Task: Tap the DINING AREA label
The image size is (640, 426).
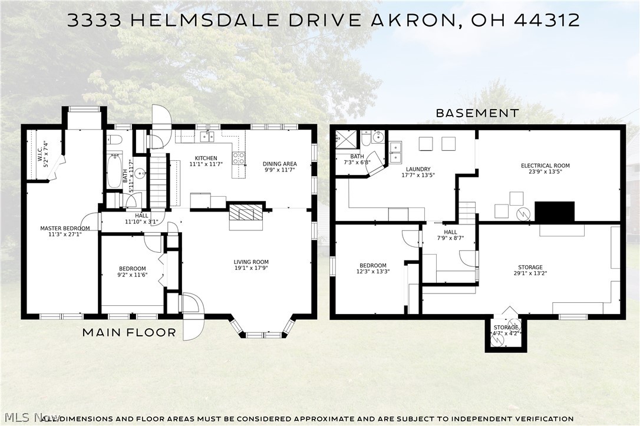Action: pos(280,164)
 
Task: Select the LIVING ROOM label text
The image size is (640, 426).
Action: pos(251,262)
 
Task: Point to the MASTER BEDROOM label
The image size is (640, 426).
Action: pos(65,229)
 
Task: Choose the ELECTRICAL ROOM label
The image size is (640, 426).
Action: pos(545,166)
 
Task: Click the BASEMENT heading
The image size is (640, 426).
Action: pos(477,113)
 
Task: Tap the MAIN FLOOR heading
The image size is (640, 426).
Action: pos(129,332)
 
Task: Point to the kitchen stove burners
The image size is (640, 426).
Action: pos(239,158)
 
